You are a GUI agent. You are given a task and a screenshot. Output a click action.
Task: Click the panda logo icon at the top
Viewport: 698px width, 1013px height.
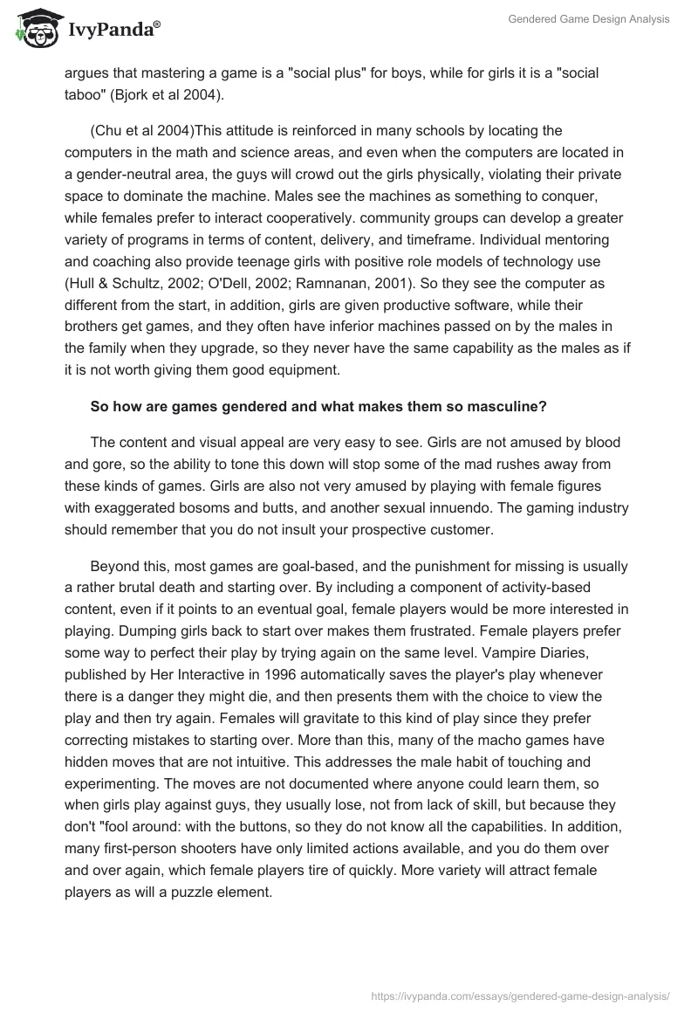[x=34, y=28]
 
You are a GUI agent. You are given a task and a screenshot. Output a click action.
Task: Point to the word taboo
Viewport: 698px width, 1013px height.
[x=85, y=95]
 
